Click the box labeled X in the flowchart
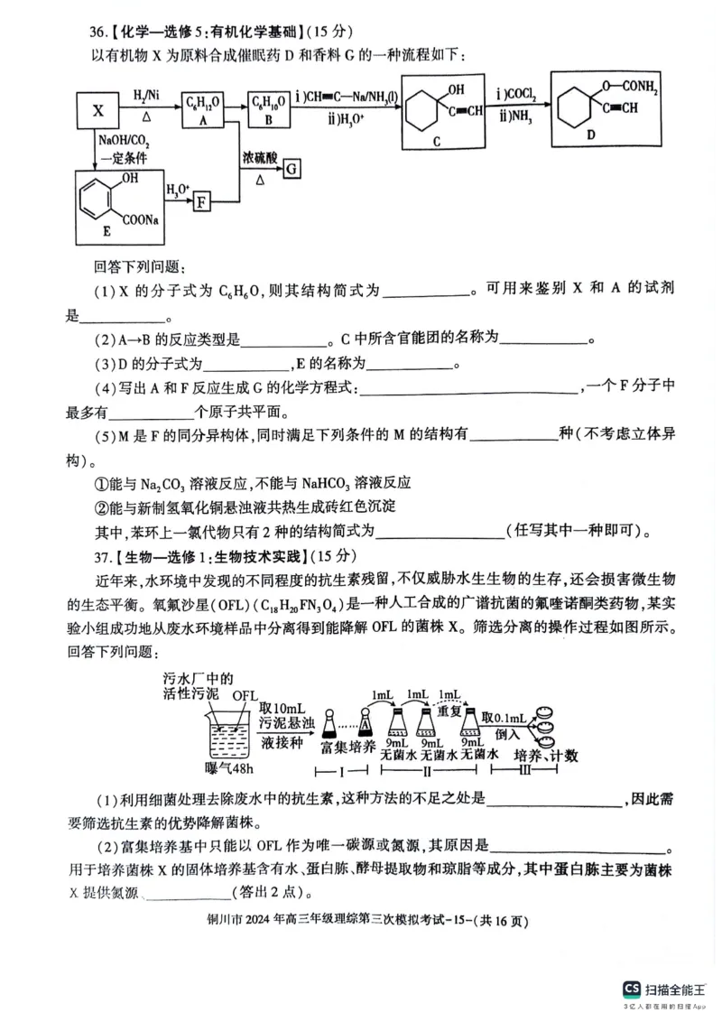[98, 111]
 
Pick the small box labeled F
[202, 200]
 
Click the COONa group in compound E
[148, 218]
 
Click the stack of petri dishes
[547, 723]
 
